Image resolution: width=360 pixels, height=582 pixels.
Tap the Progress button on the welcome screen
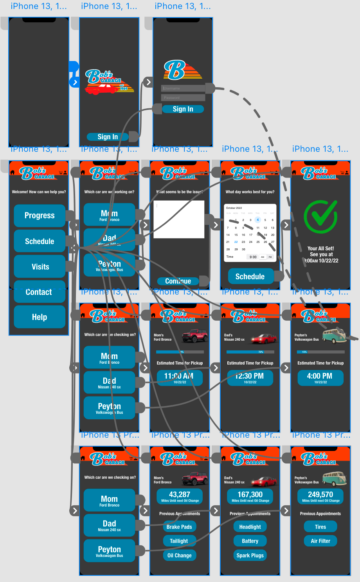pos(40,216)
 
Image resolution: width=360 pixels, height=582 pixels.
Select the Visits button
pos(40,267)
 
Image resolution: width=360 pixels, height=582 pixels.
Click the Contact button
pos(40,292)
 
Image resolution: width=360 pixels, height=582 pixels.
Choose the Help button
pos(40,317)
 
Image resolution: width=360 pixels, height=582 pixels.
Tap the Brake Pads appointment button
pos(179,527)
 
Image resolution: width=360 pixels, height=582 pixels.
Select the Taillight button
pos(179,541)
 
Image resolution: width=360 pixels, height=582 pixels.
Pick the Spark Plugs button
pos(250,555)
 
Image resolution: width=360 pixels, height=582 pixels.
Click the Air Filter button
pos(320,541)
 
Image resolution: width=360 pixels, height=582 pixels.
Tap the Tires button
pos(320,527)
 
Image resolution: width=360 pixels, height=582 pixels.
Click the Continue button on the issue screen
pos(178,281)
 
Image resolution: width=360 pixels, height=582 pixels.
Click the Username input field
pos(183,88)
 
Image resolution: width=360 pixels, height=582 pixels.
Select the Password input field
pos(183,98)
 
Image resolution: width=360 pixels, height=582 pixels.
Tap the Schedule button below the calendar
pos(250,277)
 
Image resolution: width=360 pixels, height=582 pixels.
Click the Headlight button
pos(250,527)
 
